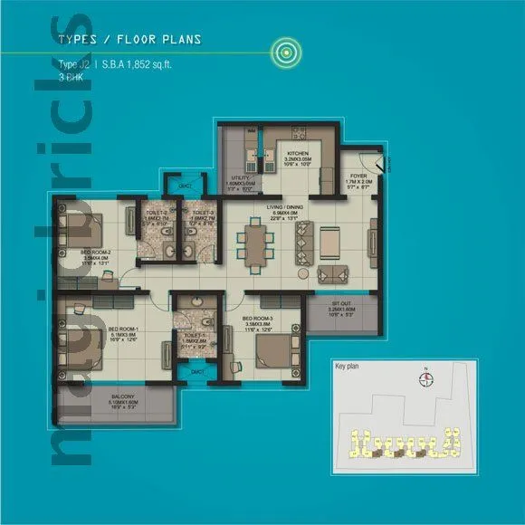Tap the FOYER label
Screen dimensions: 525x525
pyautogui.click(x=359, y=177)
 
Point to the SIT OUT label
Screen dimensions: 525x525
pyautogui.click(x=336, y=306)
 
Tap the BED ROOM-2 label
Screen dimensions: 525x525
pyautogui.click(x=96, y=253)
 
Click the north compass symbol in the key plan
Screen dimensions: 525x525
pyautogui.click(x=426, y=379)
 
